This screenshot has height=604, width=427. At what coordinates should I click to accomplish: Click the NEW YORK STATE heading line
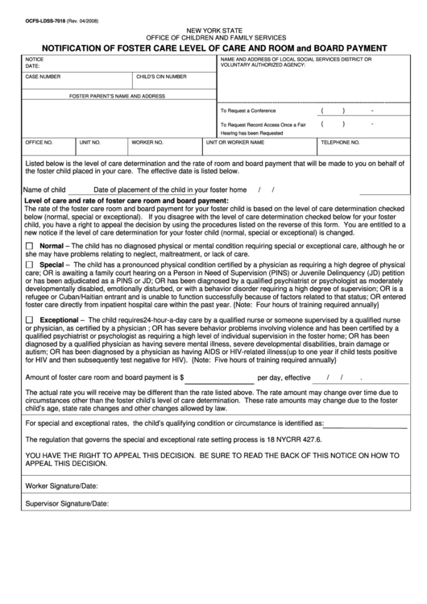(213, 27)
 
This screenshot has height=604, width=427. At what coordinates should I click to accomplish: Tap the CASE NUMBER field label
(44, 77)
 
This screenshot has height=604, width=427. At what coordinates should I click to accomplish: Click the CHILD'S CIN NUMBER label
(161, 77)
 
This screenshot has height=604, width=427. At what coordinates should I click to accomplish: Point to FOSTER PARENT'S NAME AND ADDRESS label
(117, 95)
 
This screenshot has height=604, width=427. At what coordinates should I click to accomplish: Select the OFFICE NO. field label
(39, 141)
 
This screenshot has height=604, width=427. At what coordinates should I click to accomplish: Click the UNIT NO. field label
(90, 141)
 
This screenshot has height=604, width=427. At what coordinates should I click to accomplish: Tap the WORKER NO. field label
(147, 141)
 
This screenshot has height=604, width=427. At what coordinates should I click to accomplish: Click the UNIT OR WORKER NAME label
(235, 141)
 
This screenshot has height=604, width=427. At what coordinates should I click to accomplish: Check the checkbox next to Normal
(30, 245)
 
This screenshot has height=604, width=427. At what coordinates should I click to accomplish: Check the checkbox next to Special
(30, 264)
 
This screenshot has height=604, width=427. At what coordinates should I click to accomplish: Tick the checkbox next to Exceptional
(30, 320)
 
